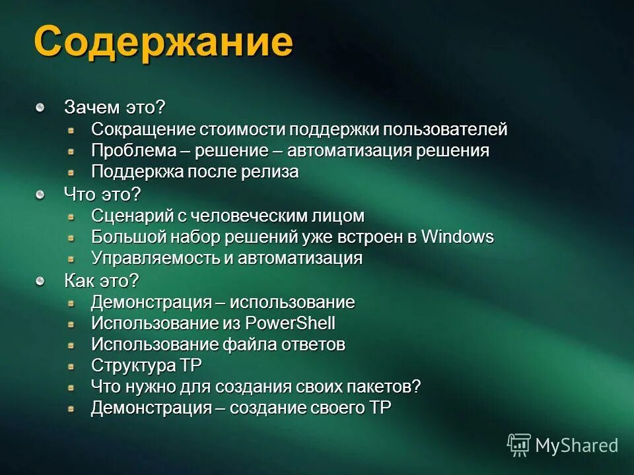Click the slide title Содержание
(163, 43)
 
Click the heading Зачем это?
(114, 107)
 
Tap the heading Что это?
(102, 194)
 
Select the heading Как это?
(102, 280)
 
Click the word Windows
(457, 237)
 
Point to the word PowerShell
(290, 323)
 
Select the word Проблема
(131, 150)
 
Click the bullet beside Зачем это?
(41, 106)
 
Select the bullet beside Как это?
(41, 280)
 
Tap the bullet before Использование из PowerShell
(71, 324)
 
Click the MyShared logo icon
(519, 445)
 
